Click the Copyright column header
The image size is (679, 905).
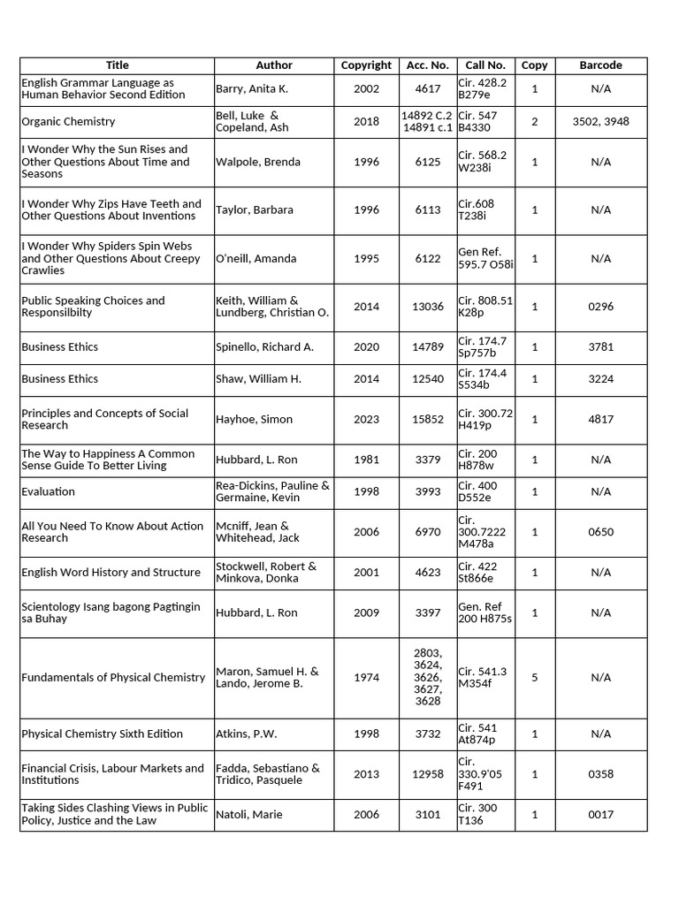coord(366,65)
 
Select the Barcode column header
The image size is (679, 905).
coord(600,65)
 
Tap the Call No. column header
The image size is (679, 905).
coord(485,65)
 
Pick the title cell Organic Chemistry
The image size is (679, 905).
coord(68,122)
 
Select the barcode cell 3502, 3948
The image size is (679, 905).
coord(600,122)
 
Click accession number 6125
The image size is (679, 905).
coord(427,163)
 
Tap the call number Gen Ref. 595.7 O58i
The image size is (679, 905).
coord(485,259)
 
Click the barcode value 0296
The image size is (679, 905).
coord(600,307)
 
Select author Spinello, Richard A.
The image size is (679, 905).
coord(264,347)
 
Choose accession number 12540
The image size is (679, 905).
coord(427,379)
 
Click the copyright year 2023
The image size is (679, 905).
coord(366,420)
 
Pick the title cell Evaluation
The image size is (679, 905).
coord(48,492)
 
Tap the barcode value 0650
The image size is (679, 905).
coord(600,532)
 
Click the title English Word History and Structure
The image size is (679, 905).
coord(111,573)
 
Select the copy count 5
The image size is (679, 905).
coord(534,678)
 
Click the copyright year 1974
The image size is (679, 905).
coord(366,678)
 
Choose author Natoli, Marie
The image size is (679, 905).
coord(249,815)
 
